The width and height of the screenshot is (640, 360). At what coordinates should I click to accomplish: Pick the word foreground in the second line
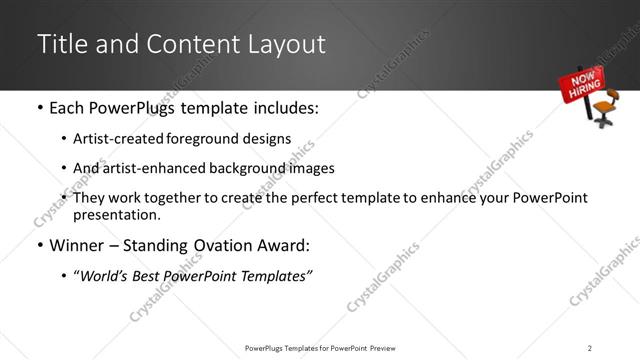pyautogui.click(x=203, y=140)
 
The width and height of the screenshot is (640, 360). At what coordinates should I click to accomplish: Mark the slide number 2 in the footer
pyautogui.click(x=590, y=347)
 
